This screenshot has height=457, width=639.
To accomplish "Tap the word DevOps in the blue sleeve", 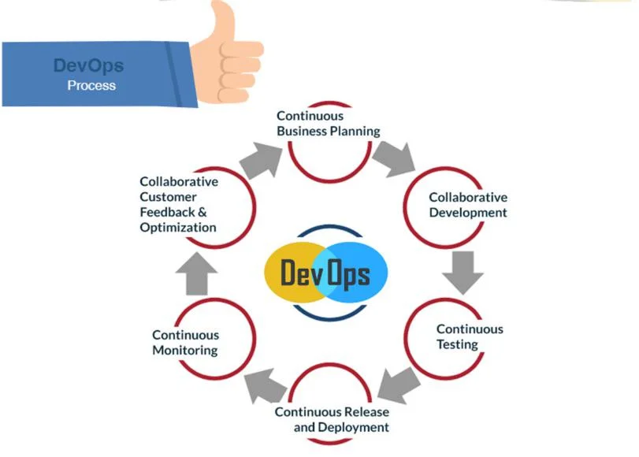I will pyautogui.click(x=88, y=65).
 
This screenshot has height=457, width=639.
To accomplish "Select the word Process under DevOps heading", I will pyautogui.click(x=91, y=85).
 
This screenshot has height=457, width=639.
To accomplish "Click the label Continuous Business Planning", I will pyautogui.click(x=328, y=124).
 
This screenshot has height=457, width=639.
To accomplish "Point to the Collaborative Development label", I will pyautogui.click(x=467, y=205).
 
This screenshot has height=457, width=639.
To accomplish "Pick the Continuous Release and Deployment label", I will pyautogui.click(x=332, y=419).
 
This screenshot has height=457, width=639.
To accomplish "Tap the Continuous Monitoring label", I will pyautogui.click(x=185, y=343).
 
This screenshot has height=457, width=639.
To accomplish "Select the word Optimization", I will pyautogui.click(x=178, y=228).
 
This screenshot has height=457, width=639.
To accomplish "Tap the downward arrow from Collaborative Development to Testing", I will pyautogui.click(x=462, y=271).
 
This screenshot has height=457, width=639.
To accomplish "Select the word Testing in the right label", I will pyautogui.click(x=457, y=344).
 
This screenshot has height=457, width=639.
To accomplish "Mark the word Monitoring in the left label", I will pyautogui.click(x=185, y=351).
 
